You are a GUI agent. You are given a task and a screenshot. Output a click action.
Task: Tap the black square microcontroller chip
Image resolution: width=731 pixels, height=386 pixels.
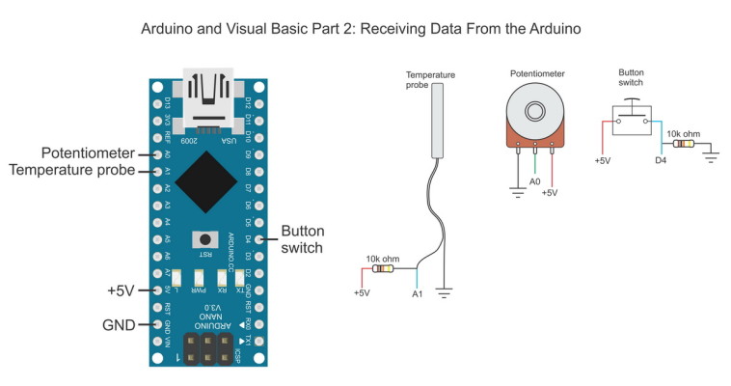[209, 185]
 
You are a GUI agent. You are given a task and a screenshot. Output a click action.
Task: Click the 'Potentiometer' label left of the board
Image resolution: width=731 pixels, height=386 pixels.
[83, 153]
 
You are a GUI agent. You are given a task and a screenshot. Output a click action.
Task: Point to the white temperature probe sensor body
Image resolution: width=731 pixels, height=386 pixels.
[439, 120]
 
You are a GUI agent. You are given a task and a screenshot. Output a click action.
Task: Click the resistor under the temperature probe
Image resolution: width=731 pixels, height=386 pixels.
[383, 269]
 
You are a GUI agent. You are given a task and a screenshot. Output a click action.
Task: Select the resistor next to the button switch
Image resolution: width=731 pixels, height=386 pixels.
[683, 145]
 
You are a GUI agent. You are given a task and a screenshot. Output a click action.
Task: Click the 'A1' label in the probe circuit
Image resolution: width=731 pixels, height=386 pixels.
[418, 293]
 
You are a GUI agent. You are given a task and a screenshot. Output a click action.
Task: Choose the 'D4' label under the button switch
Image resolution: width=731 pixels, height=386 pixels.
[661, 160]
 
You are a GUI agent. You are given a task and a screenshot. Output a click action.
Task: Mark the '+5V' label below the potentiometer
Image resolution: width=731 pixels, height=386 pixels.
[550, 193]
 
